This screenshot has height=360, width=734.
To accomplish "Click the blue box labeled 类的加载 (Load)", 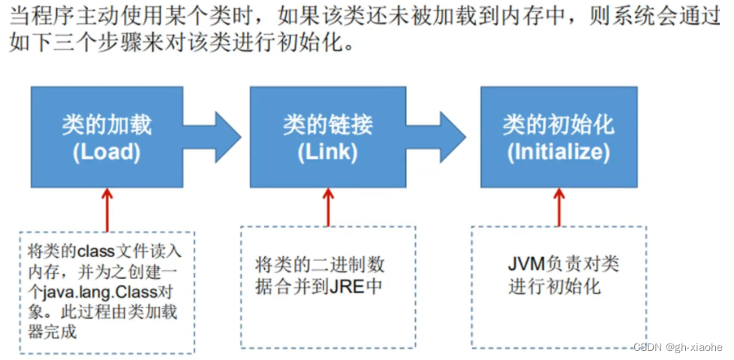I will coord(107,136).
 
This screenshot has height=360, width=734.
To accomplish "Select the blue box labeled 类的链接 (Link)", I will coord(327,136).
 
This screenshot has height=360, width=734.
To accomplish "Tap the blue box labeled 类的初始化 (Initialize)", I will coord(559,136).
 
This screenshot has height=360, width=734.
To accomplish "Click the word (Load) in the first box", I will coord(107,152).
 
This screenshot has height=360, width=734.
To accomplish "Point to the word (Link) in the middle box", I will coord(327,152).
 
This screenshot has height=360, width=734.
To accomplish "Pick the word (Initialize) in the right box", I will coord(559,152).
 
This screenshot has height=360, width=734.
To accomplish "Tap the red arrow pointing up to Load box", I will coord(107,208).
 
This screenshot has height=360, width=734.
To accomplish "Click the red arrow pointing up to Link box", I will coord(327,206).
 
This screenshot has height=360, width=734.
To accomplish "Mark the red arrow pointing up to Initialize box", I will coord(558,206).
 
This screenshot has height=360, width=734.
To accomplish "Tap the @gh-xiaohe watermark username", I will coord(693,347).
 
